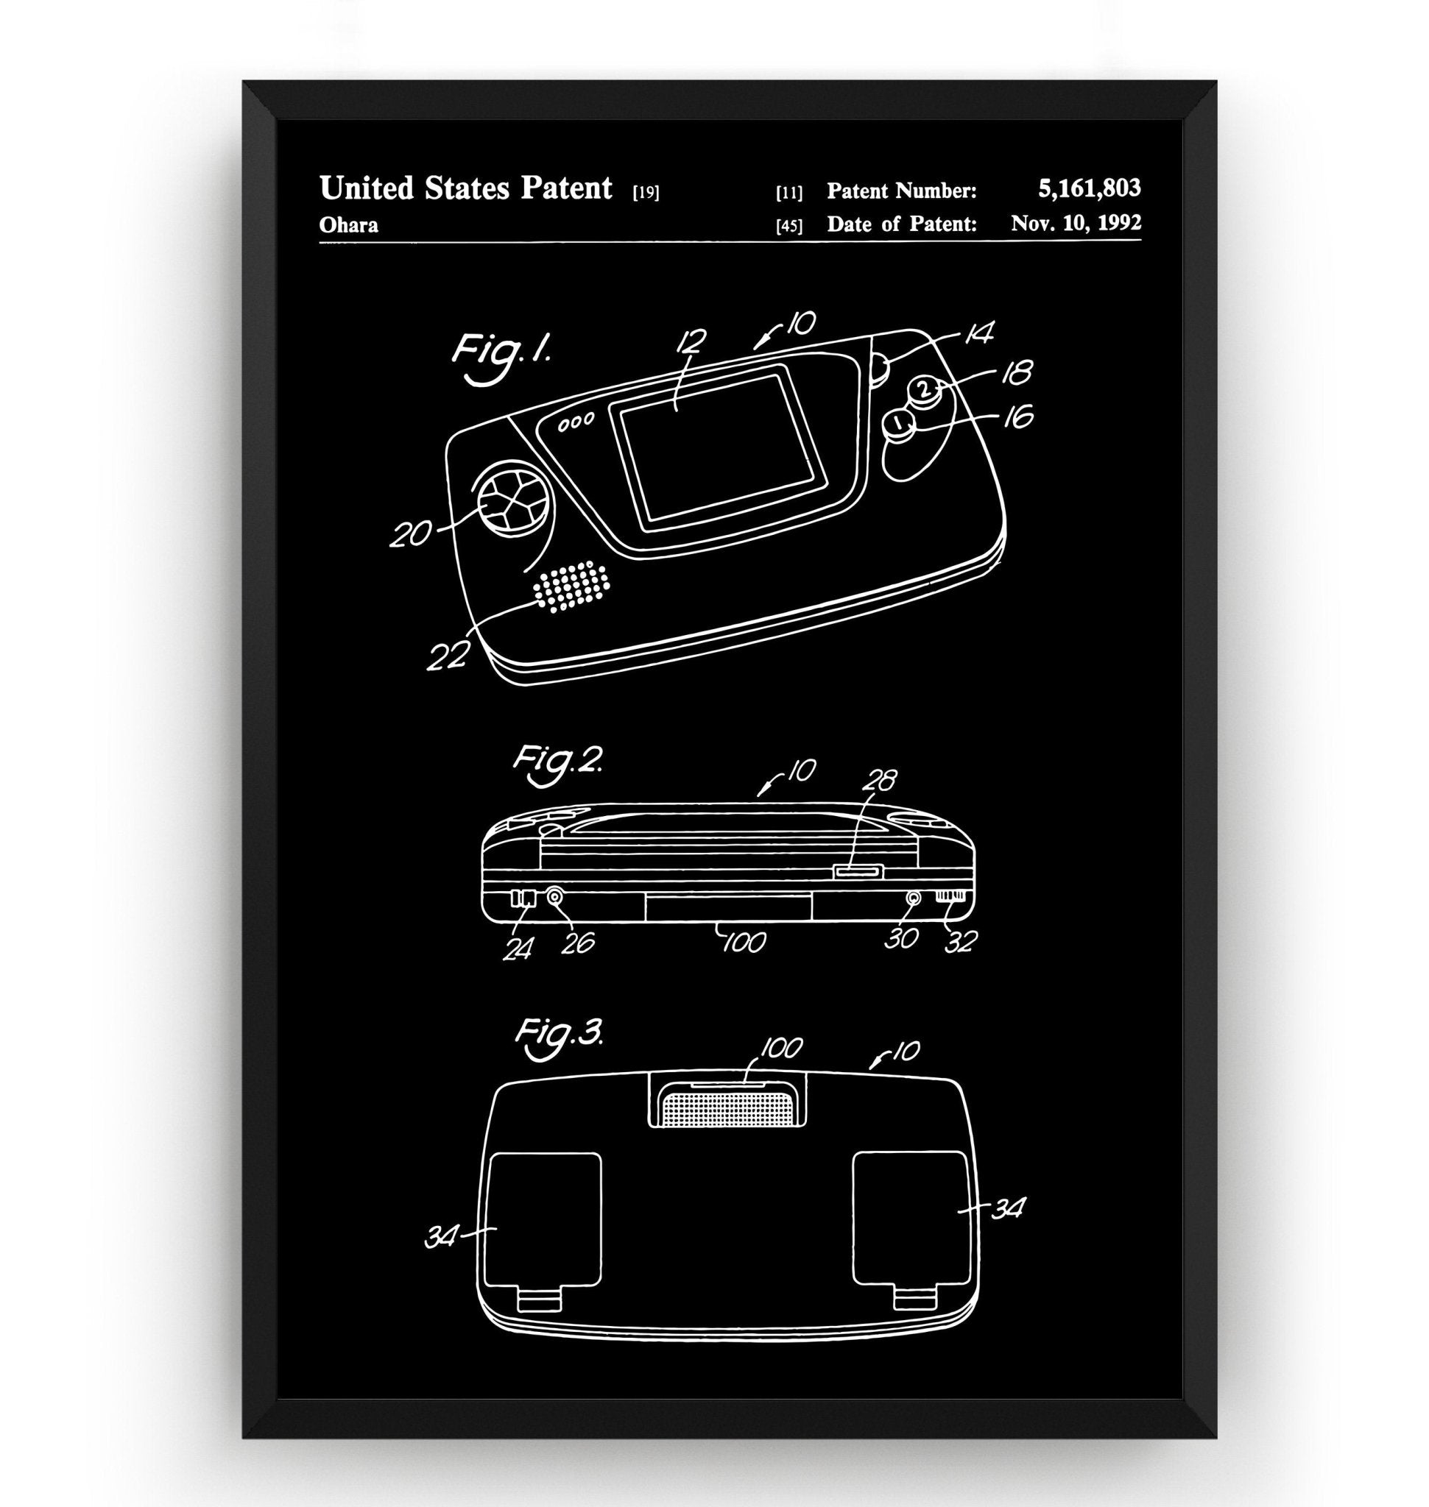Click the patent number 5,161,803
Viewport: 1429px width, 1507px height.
[x=1089, y=188]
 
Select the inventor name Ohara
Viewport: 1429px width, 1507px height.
[x=348, y=225]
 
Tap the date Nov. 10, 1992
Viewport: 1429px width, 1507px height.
[x=1076, y=223]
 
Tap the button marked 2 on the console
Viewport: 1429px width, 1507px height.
[x=924, y=390]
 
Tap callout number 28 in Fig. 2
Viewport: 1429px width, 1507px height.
[x=880, y=780]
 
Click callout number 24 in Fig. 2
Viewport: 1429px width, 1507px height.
[x=518, y=948]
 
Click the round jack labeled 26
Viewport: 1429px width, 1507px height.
[x=554, y=897]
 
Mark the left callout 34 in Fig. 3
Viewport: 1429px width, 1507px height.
[x=441, y=1239]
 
